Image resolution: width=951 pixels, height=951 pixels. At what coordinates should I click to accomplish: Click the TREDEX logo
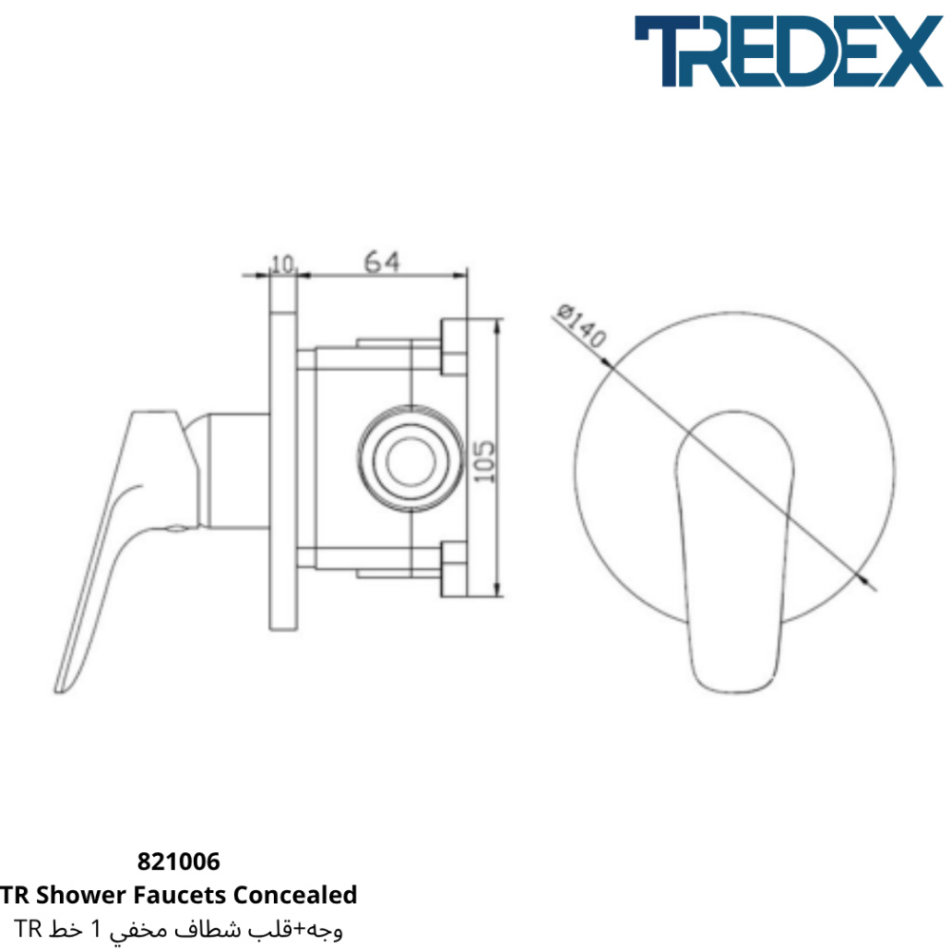(788, 51)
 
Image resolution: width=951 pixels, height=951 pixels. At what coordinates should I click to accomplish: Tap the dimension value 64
(382, 262)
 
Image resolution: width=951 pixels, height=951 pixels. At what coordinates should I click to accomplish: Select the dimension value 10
(282, 264)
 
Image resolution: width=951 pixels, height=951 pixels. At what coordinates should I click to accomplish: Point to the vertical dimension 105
(483, 461)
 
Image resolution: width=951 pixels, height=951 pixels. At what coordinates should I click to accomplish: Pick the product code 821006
(179, 862)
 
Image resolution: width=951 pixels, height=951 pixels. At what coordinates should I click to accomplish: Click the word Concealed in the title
(295, 895)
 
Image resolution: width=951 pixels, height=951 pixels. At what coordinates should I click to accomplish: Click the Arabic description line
(179, 928)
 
